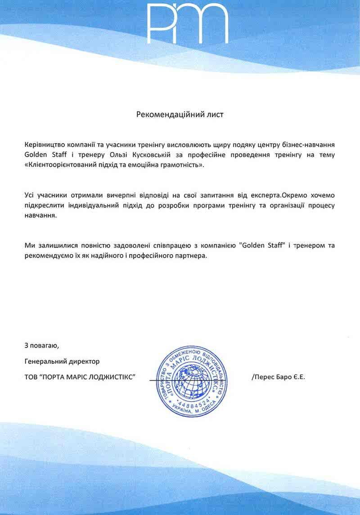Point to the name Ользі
[134, 155]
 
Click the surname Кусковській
[170, 155]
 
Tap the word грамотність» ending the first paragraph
[182, 165]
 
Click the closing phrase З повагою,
[42, 346]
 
